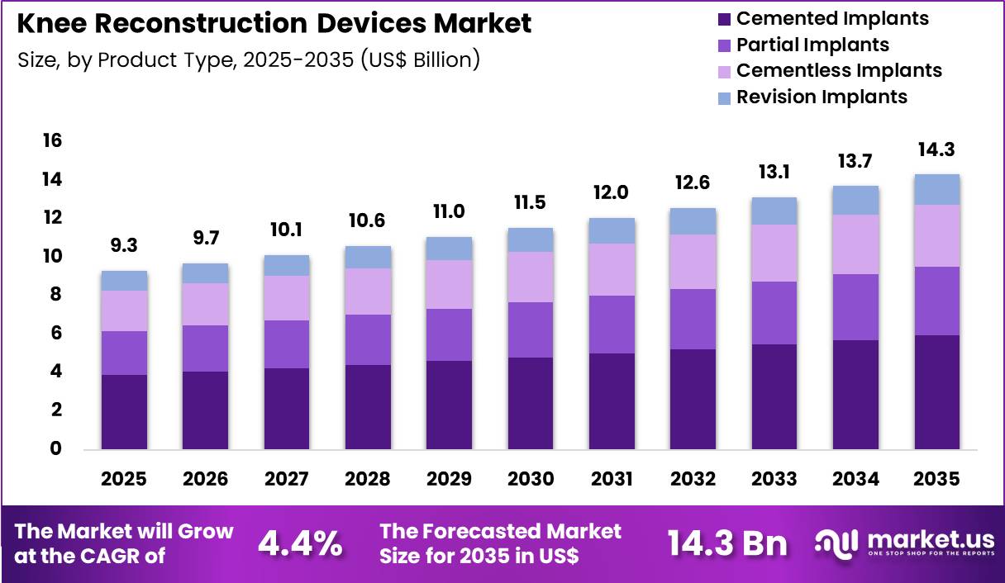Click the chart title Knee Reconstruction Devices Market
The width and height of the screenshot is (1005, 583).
(274, 23)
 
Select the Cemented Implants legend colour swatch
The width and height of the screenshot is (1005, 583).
(724, 18)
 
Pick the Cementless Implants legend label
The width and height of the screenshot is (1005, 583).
(839, 70)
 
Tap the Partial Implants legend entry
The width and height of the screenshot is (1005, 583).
(812, 45)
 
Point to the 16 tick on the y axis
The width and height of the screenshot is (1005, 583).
(52, 141)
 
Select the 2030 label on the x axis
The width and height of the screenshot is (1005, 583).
(530, 480)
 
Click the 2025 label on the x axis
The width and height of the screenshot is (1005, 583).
(124, 480)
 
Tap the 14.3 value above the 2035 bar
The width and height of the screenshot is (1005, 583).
(936, 150)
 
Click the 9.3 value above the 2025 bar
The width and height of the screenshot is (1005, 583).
(124, 246)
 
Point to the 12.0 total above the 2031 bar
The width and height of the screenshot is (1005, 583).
(612, 192)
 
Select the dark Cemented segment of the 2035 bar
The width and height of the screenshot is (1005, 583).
(936, 392)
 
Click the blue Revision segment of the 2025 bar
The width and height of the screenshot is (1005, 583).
(124, 281)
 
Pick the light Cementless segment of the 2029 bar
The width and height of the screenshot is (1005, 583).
(449, 284)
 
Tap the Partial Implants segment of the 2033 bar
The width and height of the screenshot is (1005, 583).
(774, 313)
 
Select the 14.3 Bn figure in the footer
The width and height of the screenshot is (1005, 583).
(727, 543)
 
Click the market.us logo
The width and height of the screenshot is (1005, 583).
(905, 543)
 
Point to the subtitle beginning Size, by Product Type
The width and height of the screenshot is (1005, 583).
(248, 59)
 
